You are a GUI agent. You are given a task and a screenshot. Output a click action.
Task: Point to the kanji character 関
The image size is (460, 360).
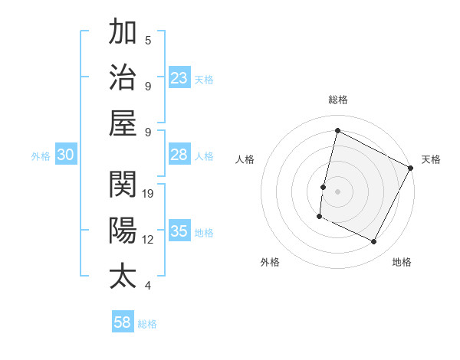[x=123, y=185]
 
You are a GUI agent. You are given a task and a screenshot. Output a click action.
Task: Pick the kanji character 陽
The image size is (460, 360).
[x=123, y=230]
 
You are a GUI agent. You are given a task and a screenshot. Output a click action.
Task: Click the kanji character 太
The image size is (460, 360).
[x=123, y=275]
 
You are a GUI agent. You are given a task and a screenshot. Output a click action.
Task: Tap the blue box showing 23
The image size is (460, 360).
[x=179, y=78]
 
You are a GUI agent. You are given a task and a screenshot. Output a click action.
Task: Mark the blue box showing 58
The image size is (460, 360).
[x=123, y=322]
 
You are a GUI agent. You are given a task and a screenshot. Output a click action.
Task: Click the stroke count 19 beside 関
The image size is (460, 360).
[x=149, y=194]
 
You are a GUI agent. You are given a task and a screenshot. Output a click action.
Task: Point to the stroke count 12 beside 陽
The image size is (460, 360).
[x=148, y=239]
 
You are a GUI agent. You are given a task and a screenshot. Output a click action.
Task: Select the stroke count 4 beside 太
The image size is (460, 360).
[x=148, y=286]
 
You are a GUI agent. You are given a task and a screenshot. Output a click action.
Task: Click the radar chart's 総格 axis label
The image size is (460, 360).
[x=337, y=100]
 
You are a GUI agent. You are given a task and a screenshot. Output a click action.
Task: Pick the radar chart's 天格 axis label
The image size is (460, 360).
[x=431, y=159]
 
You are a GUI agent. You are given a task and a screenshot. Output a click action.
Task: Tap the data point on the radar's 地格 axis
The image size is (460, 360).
[x=374, y=242]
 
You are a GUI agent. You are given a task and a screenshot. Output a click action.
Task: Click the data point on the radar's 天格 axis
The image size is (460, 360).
[x=411, y=167]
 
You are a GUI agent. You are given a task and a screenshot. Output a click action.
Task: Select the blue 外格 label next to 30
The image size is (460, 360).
[x=41, y=156]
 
